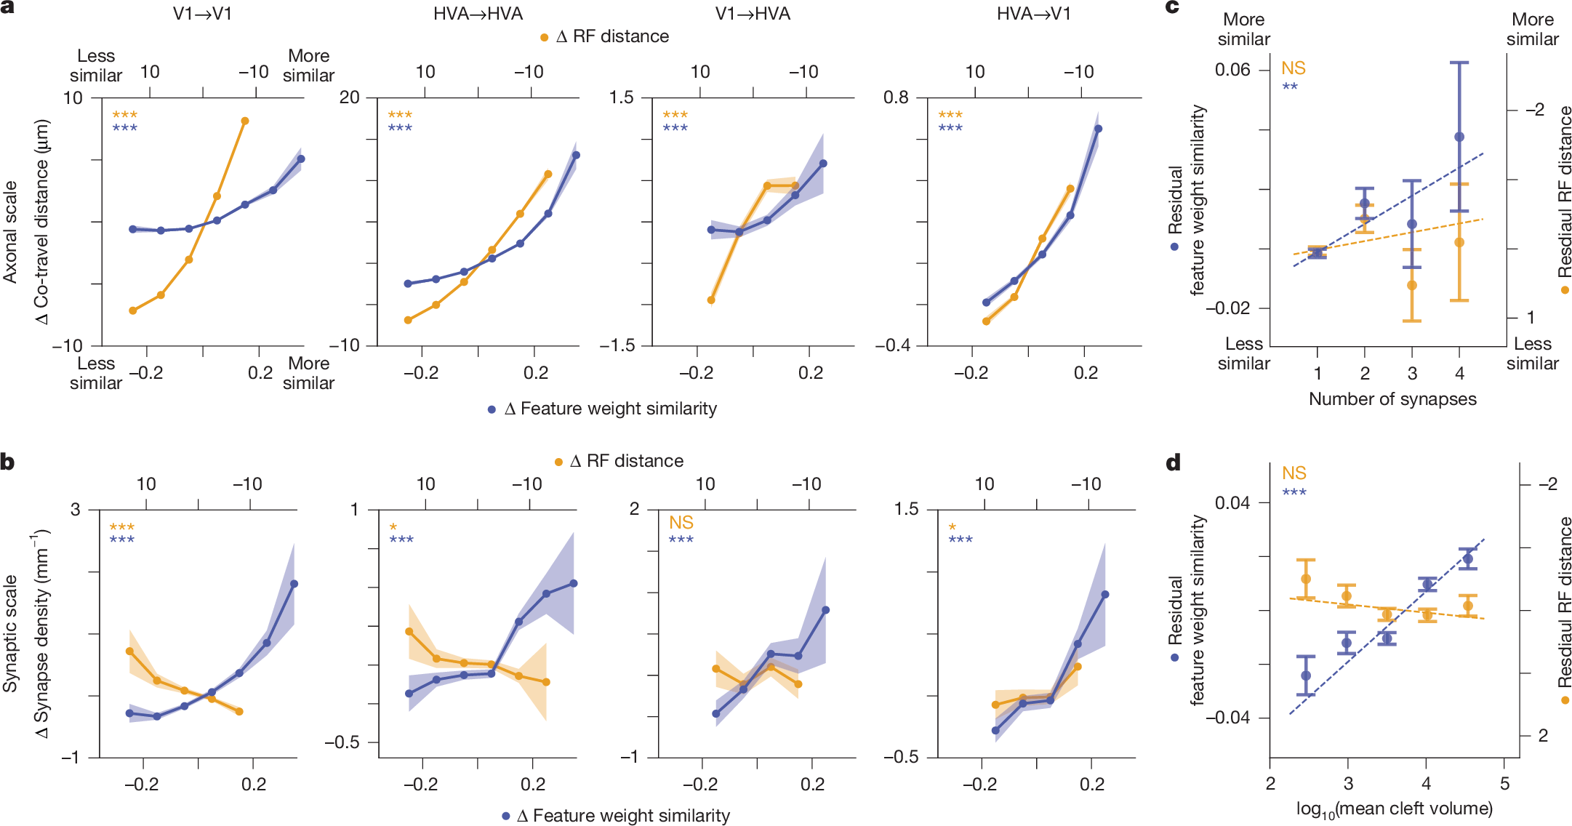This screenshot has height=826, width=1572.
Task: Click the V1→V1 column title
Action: [x=202, y=14]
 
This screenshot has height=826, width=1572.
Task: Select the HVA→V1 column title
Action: [x=1033, y=14]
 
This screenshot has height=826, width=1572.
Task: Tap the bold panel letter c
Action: [x=1172, y=7]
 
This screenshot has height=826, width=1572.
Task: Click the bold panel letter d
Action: [x=1173, y=462]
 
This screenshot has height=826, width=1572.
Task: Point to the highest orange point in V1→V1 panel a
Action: [x=245, y=121]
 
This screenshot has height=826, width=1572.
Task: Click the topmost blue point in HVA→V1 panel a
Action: [x=1098, y=129]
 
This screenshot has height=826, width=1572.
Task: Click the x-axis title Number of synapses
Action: [x=1392, y=399]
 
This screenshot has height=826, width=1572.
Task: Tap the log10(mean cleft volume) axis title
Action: [x=1394, y=809]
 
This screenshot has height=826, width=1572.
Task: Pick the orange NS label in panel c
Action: [x=1294, y=68]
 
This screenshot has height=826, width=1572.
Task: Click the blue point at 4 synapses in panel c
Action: [x=1459, y=137]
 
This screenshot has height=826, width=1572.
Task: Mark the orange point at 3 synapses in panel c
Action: [x=1412, y=285]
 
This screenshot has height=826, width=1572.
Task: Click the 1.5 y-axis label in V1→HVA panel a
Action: [x=621, y=97]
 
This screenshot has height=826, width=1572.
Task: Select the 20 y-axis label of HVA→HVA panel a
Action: [x=350, y=97]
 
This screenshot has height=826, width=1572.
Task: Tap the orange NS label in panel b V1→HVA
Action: [x=681, y=523]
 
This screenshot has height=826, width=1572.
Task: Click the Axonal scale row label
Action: [x=10, y=231]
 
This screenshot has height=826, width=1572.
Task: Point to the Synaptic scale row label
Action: [x=10, y=633]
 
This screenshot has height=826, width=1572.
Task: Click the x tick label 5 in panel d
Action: [x=1504, y=784]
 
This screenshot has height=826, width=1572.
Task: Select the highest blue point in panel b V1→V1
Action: [x=294, y=584]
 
